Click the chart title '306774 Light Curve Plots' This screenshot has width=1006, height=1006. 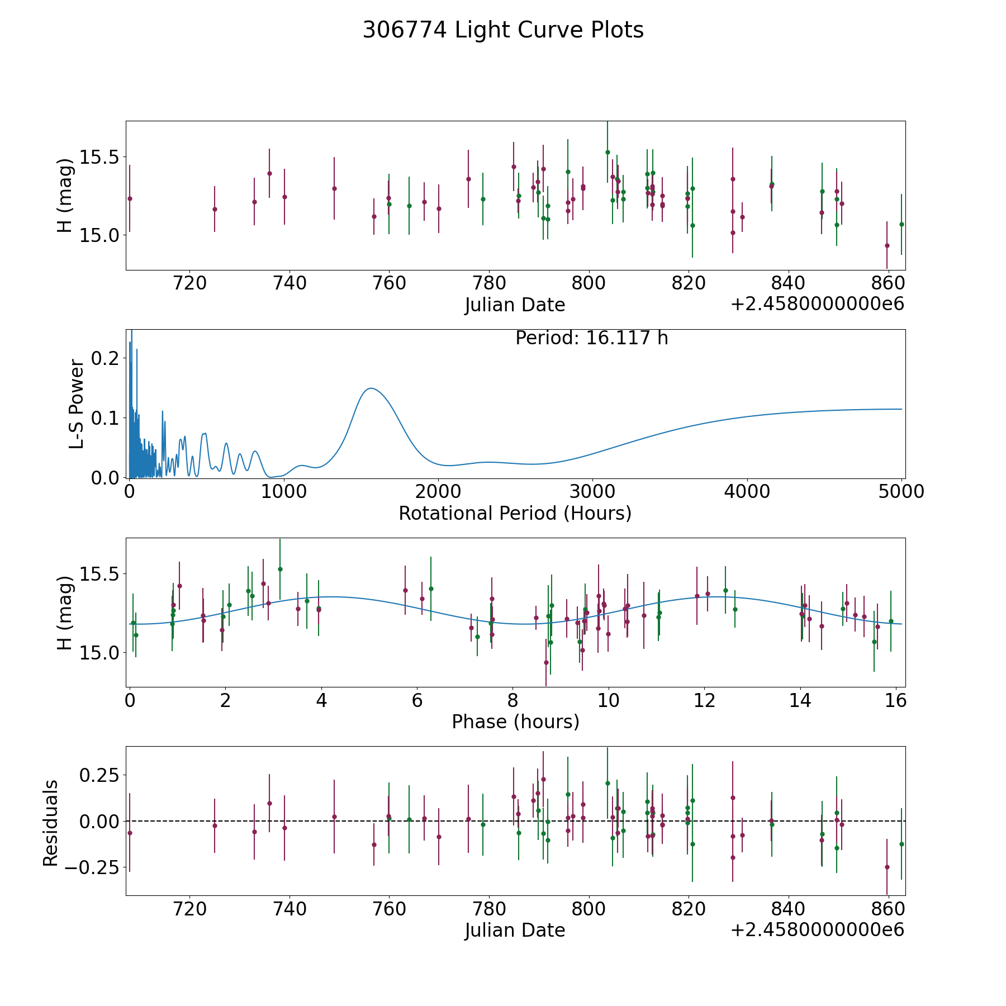(503, 30)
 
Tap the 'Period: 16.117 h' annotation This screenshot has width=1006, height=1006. (591, 338)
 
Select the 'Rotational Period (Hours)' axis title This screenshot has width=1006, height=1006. (515, 513)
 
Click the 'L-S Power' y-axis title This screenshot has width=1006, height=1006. (77, 404)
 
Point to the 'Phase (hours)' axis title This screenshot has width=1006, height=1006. (515, 722)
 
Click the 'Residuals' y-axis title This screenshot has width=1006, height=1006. (51, 823)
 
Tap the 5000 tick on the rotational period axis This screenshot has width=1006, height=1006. (901, 492)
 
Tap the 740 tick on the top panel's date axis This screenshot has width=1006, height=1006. (290, 283)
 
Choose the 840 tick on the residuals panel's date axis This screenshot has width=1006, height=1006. (788, 909)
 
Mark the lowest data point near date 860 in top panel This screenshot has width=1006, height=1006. (887, 245)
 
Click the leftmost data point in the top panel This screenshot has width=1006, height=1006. (130, 198)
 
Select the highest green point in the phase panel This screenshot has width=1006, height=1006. (280, 569)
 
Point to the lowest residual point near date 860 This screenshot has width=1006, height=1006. (887, 867)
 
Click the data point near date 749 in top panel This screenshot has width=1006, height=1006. (334, 188)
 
